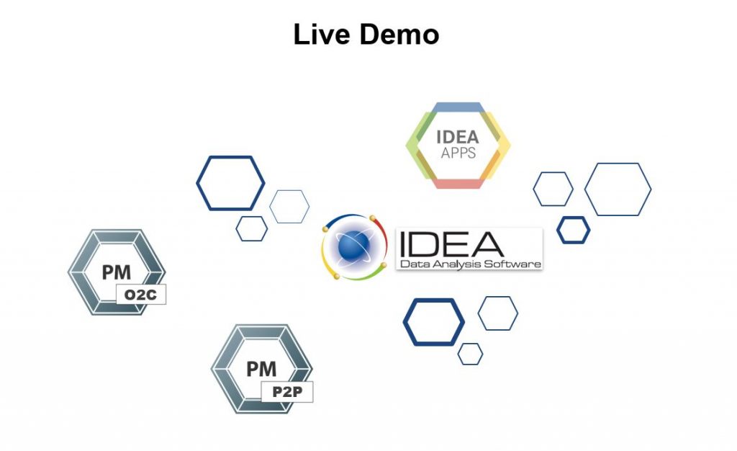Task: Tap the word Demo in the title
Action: tap(399, 35)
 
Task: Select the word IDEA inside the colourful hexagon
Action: tap(457, 137)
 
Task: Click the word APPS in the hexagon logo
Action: tap(458, 153)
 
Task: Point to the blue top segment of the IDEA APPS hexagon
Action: tap(458, 107)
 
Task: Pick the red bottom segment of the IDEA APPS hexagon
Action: tap(458, 184)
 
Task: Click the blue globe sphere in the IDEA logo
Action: tap(354, 246)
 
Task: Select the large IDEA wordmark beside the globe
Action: tap(451, 244)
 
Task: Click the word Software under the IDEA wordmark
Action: tap(512, 264)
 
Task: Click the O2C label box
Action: tap(141, 295)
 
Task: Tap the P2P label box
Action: tap(286, 392)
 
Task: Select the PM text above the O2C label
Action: tap(117, 272)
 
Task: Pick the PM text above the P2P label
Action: tap(261, 369)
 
